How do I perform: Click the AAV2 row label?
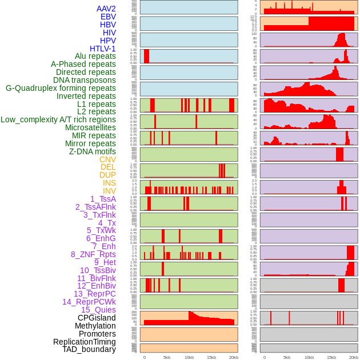coord(106,9)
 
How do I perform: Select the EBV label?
coord(108,17)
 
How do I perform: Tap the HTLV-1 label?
coord(103,49)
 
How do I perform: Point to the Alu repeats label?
coord(95,56)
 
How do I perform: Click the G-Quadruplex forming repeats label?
coord(61,88)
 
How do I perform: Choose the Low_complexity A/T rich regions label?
coord(58,119)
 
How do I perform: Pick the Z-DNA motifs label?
coord(93,151)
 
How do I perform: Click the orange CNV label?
coord(107,159)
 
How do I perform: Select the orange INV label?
coord(109,191)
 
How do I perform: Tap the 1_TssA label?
coord(103,199)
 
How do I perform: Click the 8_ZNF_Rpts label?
coord(93,254)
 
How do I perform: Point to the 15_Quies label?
coord(98,310)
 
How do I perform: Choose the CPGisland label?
coord(97,318)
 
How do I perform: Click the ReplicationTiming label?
coord(85,342)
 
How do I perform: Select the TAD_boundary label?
coord(89,349)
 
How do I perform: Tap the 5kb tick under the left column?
coord(167,357)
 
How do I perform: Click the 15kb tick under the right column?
coord(331,357)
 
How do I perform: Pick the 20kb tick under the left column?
coord(234,357)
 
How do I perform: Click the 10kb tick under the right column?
coord(309,357)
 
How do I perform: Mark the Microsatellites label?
coord(90,127)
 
